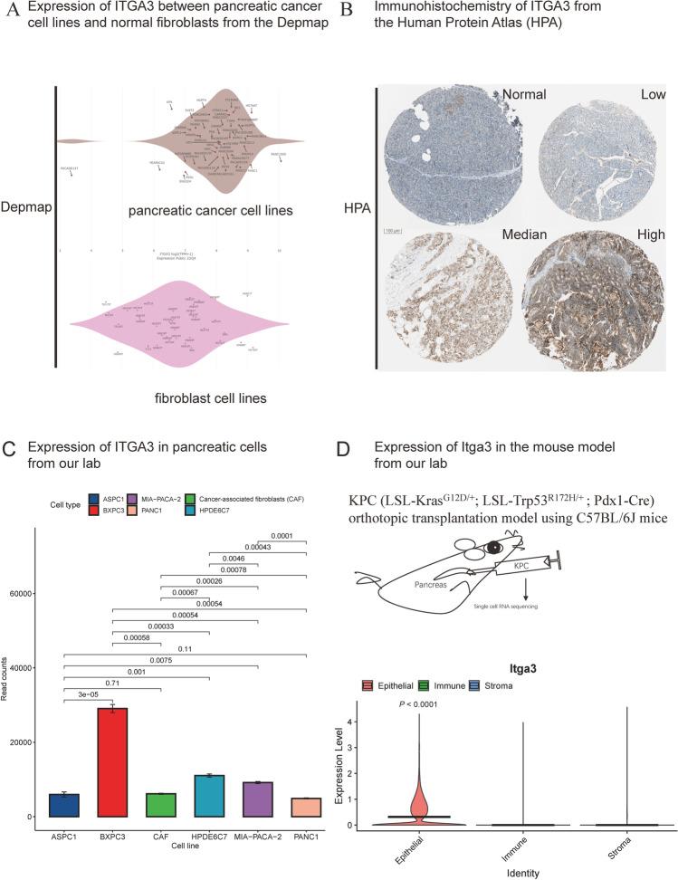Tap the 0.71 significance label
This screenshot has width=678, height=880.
click(x=112, y=682)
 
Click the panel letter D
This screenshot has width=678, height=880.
click(x=371, y=450)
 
